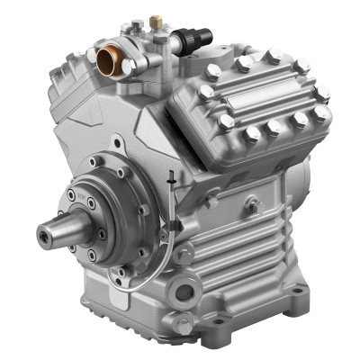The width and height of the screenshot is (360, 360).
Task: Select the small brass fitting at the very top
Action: coord(155,18)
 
